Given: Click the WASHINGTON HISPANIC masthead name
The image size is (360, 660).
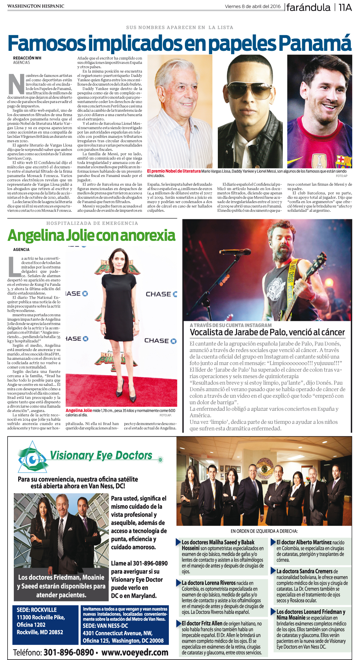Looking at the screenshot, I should point(36,6).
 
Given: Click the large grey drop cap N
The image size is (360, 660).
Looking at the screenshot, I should point(16,84).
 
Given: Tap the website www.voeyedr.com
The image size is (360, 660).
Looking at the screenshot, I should point(135,652).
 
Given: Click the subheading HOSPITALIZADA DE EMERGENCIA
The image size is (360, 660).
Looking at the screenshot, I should point(92,223).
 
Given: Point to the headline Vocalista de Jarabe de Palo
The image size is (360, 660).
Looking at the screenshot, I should point(267,332).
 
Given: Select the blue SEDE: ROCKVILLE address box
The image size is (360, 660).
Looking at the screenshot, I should point(45,621).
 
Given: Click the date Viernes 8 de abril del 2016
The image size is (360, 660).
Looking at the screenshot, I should point(253,6).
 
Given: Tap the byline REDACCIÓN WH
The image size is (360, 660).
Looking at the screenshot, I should point(27,58).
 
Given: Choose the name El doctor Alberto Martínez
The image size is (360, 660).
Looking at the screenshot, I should point(304,542).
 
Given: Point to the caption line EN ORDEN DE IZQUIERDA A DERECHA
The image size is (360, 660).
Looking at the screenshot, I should point(264,531).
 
